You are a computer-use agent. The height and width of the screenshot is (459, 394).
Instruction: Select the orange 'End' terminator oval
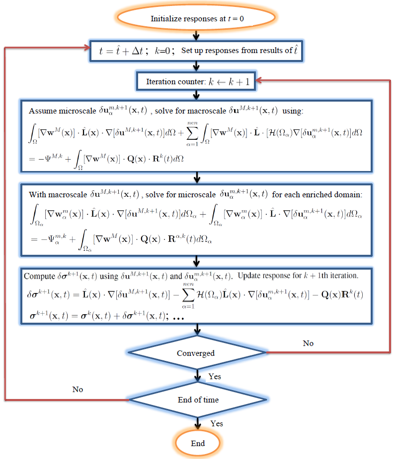point(198,443)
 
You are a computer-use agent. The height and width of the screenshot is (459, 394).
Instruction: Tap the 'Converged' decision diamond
point(198,353)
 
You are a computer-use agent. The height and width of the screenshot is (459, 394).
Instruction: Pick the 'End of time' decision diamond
point(198,400)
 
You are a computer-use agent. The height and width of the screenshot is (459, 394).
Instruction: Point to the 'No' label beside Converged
point(308,343)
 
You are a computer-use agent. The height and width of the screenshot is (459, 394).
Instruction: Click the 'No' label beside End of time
point(78,389)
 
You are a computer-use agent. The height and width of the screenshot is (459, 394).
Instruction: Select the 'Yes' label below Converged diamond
point(215,377)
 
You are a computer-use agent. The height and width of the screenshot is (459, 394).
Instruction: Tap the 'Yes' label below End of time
point(217,423)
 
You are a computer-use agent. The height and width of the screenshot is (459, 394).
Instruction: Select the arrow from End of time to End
point(198,421)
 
